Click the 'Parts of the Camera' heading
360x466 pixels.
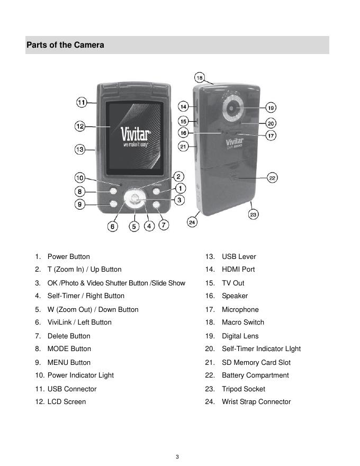pyautogui.click(x=65, y=45)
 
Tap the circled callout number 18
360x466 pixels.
pyautogui.click(x=200, y=77)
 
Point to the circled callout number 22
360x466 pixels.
pyautogui.click(x=272, y=178)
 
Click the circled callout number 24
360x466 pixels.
pyautogui.click(x=192, y=222)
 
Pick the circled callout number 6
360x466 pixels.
pyautogui.click(x=112, y=227)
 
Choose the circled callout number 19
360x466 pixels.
pyautogui.click(x=271, y=107)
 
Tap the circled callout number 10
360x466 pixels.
pyautogui.click(x=79, y=178)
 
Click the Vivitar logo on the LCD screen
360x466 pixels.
pyautogui.click(x=136, y=133)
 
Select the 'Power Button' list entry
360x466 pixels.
pyautogui.click(x=68, y=257)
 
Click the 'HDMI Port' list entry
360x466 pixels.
pyautogui.click(x=238, y=270)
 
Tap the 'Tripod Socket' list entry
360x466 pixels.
pyautogui.click(x=244, y=389)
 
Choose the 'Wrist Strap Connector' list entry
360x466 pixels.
pyautogui.click(x=256, y=402)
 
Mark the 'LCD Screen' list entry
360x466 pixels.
pyautogui.click(x=67, y=402)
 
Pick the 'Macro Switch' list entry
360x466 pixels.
pyautogui.click(x=243, y=322)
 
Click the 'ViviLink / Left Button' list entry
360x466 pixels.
pyautogui.click(x=79, y=322)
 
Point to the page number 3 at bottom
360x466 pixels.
pyautogui.click(x=178, y=457)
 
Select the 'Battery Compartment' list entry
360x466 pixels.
pyautogui.click(x=255, y=375)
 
